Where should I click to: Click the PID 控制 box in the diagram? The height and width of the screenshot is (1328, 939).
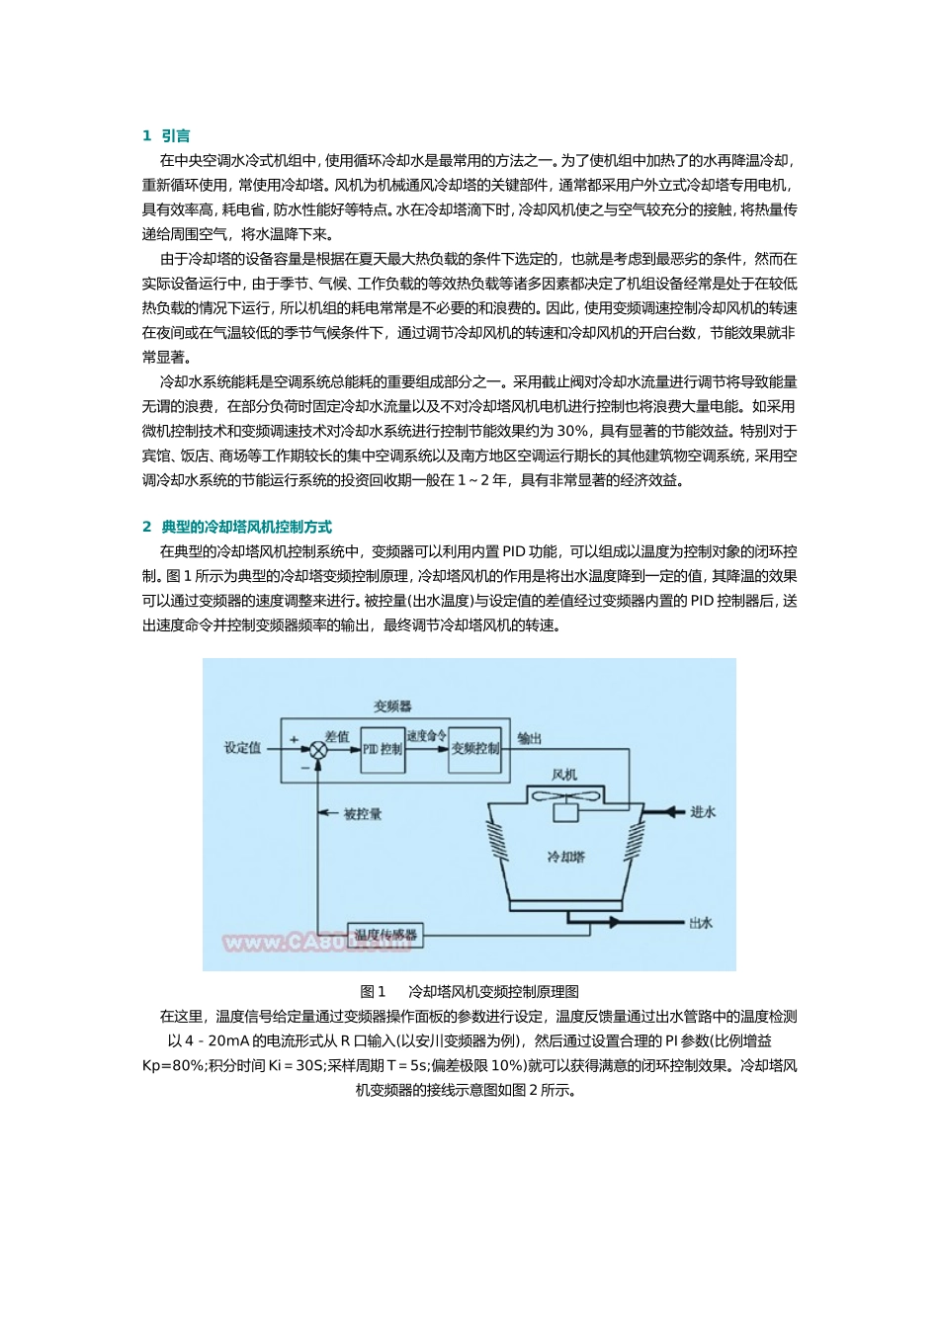point(383,749)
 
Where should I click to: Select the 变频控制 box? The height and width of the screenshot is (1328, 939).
point(475,749)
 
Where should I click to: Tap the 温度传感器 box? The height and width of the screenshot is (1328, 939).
point(385,934)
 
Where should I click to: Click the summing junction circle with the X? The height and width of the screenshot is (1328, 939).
point(318,750)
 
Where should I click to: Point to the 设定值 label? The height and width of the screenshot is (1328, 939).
point(242,748)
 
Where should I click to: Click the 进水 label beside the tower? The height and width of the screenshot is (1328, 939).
point(703,812)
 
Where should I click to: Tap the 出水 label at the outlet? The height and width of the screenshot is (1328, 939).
point(701,923)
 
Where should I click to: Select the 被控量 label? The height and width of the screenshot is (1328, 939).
point(362,814)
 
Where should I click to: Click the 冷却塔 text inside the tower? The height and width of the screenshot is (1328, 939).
point(565,857)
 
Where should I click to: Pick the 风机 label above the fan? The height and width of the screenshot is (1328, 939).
point(564,775)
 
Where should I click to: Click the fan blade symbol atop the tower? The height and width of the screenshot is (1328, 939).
point(564,795)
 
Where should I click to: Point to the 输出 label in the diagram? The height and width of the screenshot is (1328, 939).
point(530,738)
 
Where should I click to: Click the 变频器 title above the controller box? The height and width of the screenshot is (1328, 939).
point(392,706)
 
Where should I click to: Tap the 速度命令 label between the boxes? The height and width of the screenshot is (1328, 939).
point(426,736)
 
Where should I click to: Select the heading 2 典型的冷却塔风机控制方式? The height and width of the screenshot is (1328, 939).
point(237,527)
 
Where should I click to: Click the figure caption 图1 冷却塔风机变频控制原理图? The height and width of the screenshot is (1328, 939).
point(469,992)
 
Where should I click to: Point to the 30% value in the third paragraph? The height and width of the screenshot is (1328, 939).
point(572,431)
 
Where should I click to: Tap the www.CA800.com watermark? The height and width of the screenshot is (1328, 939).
point(316,943)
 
